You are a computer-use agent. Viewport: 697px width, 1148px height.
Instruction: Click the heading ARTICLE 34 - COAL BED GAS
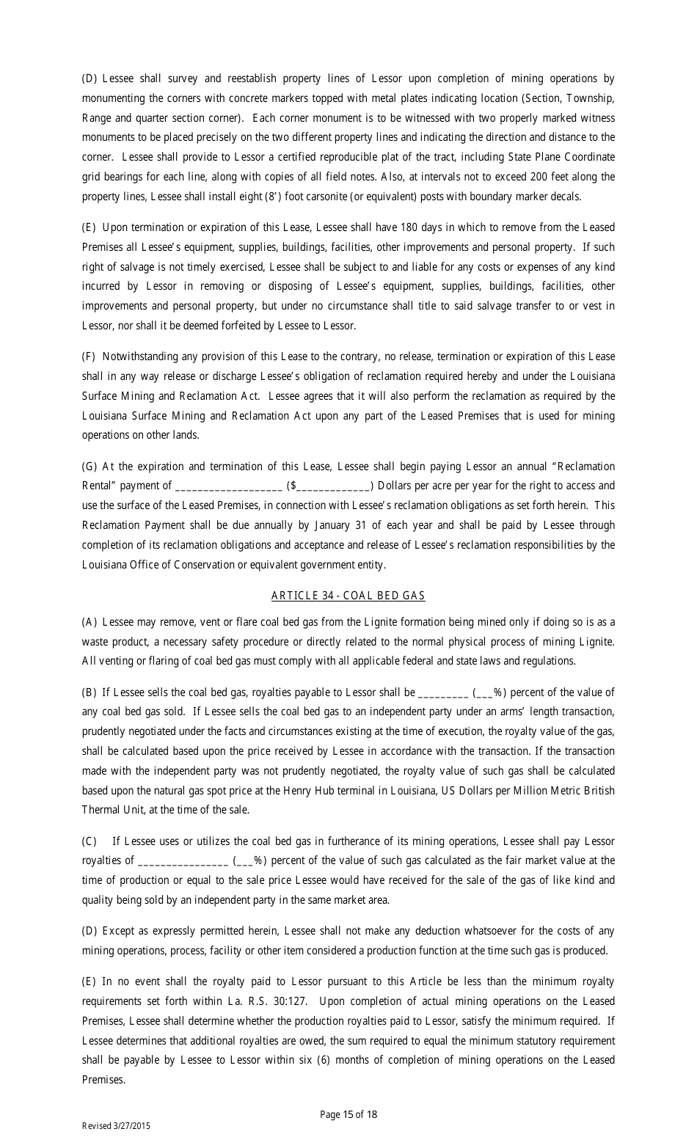click(348, 596)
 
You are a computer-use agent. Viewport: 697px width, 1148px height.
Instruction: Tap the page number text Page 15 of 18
click(348, 1114)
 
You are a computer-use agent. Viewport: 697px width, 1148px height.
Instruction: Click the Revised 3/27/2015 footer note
click(115, 1126)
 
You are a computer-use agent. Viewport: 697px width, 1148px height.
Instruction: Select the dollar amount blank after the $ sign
click(332, 486)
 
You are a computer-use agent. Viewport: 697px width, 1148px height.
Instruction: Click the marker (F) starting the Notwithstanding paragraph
click(89, 357)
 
